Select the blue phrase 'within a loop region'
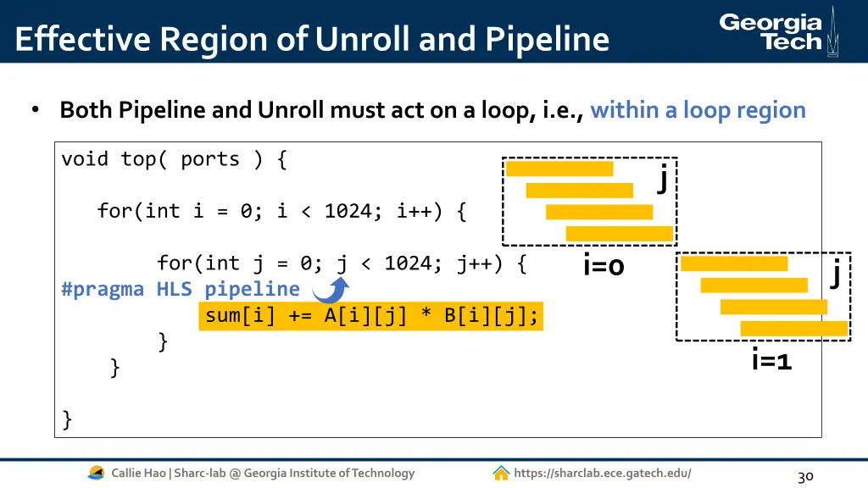coord(698,110)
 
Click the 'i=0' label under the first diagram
coord(604,266)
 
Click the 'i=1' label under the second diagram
coord(771,361)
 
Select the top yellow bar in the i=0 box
coord(559,169)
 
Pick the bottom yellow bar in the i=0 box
coord(619,233)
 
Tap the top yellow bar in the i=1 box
coord(734,263)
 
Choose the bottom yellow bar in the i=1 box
coord(793,328)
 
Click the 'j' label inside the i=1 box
coord(836,273)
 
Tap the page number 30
coord(805,476)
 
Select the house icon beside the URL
coord(501,473)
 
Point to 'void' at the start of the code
coord(85,159)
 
